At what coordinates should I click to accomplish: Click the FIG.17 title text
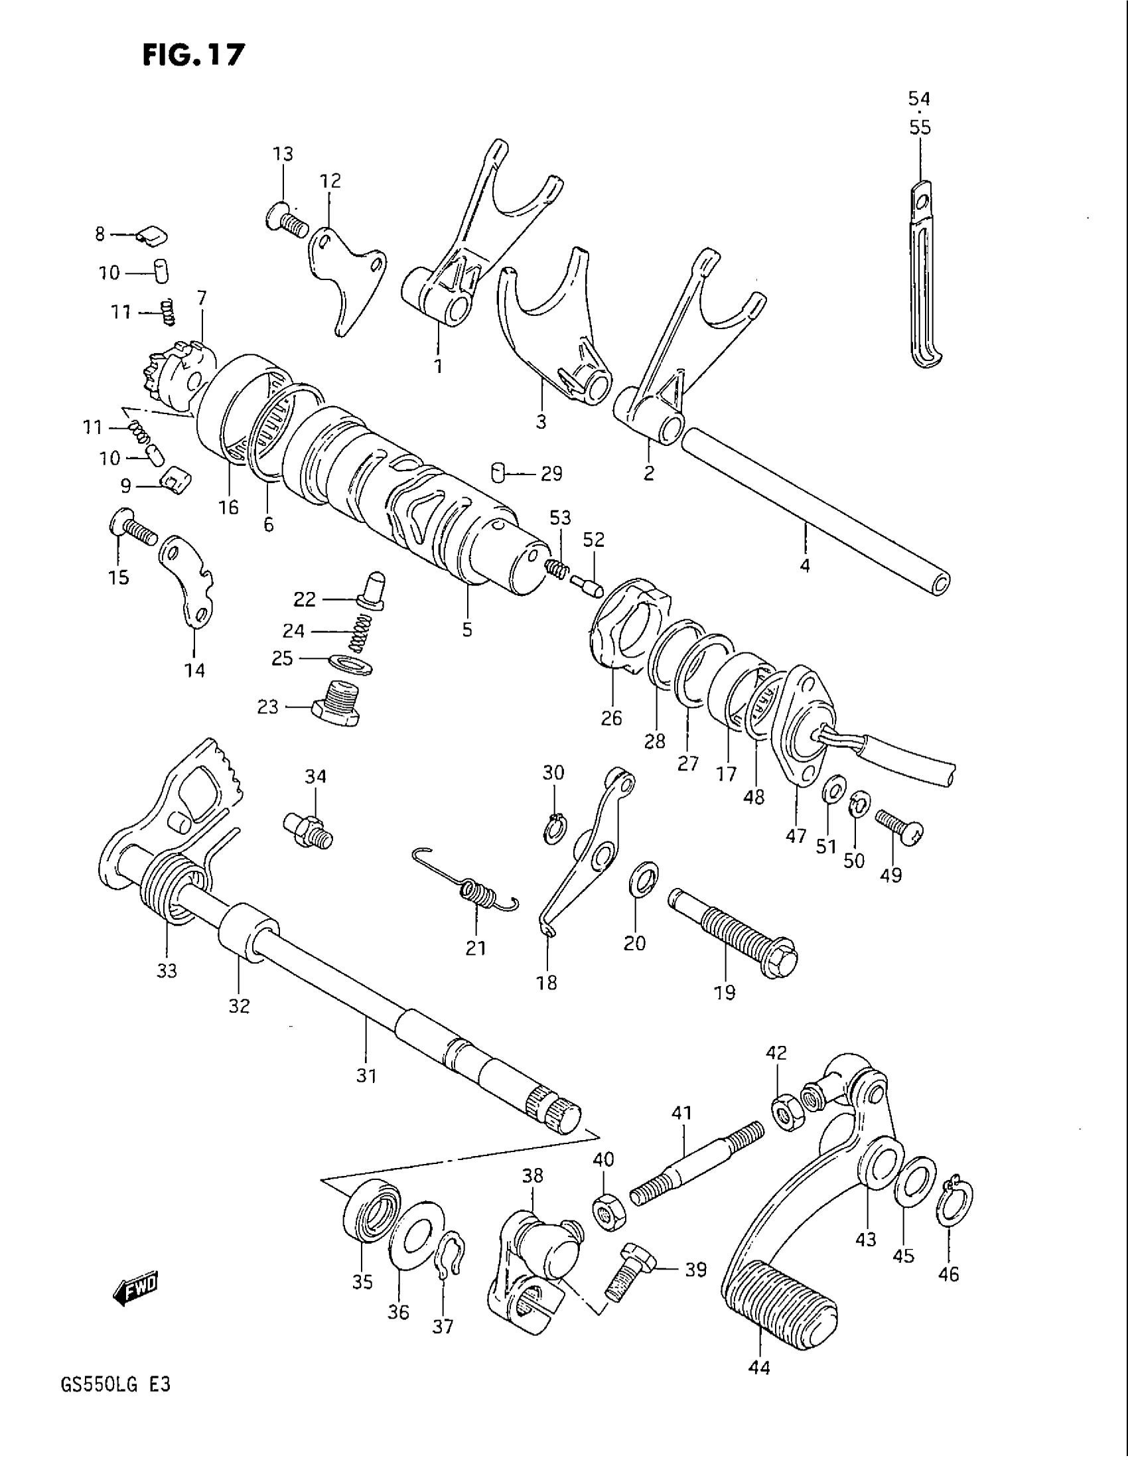193,54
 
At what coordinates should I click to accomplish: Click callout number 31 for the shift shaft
367,1076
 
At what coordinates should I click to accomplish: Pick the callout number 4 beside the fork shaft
805,565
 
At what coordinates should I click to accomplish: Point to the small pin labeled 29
496,473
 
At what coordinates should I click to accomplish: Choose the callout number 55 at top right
920,127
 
